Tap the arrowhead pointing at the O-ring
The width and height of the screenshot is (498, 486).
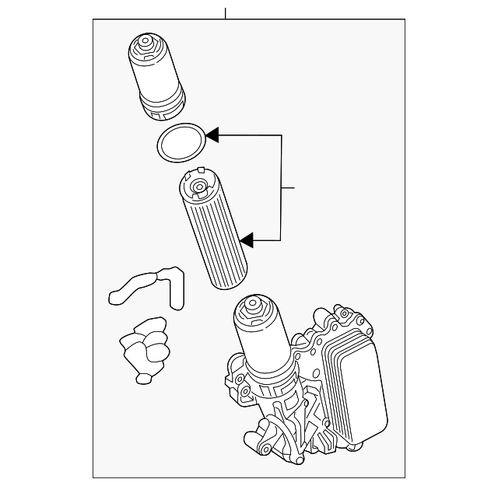click(212, 136)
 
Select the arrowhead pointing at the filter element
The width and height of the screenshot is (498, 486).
click(247, 240)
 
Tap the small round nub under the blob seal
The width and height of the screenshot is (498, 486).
click(143, 378)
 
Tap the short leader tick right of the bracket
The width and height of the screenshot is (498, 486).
click(289, 188)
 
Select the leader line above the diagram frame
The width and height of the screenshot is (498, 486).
click(225, 12)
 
